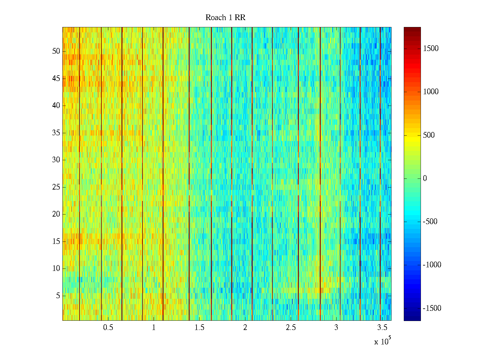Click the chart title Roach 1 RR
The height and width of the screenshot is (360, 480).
point(225,18)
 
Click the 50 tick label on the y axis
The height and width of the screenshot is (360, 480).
point(56,51)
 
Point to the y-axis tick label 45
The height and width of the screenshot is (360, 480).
point(56,78)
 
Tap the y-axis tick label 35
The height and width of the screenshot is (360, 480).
point(56,133)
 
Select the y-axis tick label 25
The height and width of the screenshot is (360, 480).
point(56,187)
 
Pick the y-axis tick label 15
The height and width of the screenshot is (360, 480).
point(56,241)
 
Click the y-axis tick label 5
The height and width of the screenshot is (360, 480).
point(58,295)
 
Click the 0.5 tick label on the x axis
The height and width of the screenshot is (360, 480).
point(108,328)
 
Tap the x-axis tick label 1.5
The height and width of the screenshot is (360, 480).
point(199,328)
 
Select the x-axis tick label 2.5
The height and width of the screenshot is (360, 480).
point(291,328)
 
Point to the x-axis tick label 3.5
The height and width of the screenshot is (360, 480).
point(382,328)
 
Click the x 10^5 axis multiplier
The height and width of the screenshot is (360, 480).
point(382,341)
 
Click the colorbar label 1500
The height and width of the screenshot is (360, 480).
point(430,49)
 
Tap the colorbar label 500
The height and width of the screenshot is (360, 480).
point(429,135)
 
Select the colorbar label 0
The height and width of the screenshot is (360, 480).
point(425,178)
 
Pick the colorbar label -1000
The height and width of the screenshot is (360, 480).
point(432,265)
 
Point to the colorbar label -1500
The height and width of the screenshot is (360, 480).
point(432,308)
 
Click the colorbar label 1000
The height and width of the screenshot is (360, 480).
point(430,92)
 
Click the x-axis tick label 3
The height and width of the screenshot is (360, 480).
point(336,328)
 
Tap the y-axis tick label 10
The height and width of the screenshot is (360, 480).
point(56,268)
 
